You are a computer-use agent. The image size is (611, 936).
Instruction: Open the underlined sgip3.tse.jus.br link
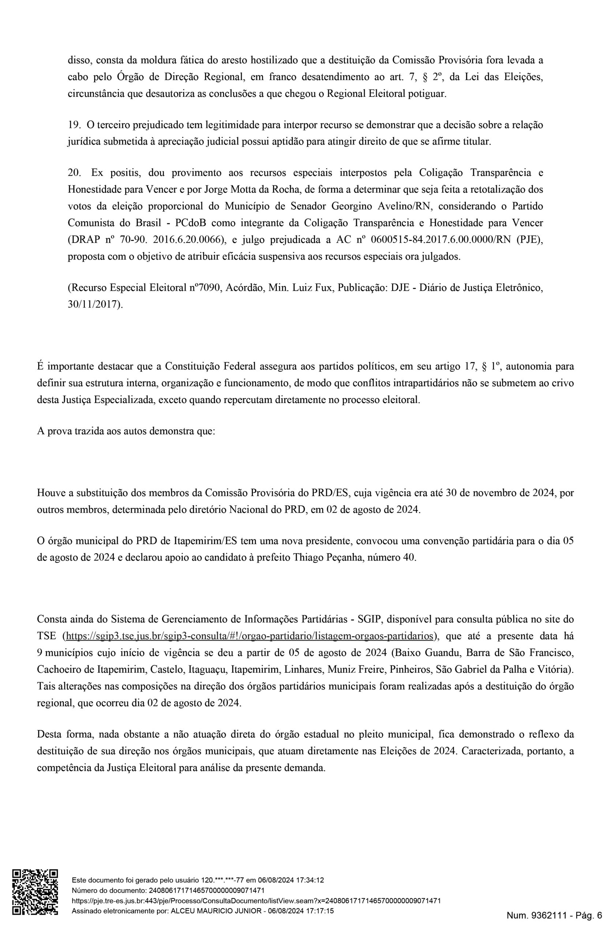tap(250, 636)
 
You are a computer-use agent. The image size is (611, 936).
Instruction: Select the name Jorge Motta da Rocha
tap(252, 189)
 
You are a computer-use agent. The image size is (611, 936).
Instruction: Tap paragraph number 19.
tap(74, 125)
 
